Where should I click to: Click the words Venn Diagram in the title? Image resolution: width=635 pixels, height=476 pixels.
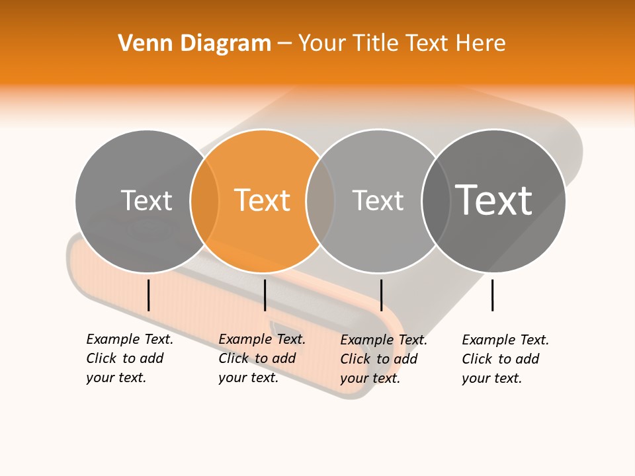(x=194, y=44)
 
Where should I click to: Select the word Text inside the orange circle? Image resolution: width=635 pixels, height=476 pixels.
(x=263, y=200)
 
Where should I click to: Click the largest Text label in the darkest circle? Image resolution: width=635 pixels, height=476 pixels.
(x=493, y=200)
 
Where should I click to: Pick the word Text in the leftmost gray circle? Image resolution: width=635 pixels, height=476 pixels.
(x=146, y=200)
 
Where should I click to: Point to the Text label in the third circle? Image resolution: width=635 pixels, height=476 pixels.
(x=378, y=200)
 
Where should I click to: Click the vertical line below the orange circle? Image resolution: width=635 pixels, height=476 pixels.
(x=265, y=295)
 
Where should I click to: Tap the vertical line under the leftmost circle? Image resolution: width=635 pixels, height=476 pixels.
(x=149, y=295)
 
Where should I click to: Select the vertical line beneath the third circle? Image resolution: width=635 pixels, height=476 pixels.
(x=381, y=295)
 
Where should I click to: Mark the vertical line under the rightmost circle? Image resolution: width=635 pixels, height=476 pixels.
(x=493, y=295)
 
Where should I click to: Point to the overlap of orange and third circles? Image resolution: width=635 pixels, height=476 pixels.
(x=320, y=201)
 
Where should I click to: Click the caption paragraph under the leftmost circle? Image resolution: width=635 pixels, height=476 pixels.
(x=130, y=358)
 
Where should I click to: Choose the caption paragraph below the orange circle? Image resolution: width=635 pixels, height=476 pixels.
(x=262, y=358)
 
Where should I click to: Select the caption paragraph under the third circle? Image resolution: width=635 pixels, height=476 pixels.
(x=384, y=359)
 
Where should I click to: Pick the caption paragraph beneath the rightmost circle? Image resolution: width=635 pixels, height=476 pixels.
(x=505, y=359)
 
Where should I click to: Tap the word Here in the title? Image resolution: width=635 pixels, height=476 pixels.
(x=480, y=44)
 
